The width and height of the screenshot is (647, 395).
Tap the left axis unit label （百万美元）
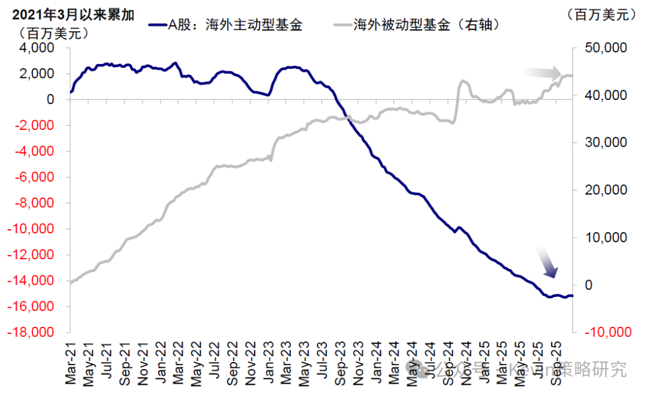54,33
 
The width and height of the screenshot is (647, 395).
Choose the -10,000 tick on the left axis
32,229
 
